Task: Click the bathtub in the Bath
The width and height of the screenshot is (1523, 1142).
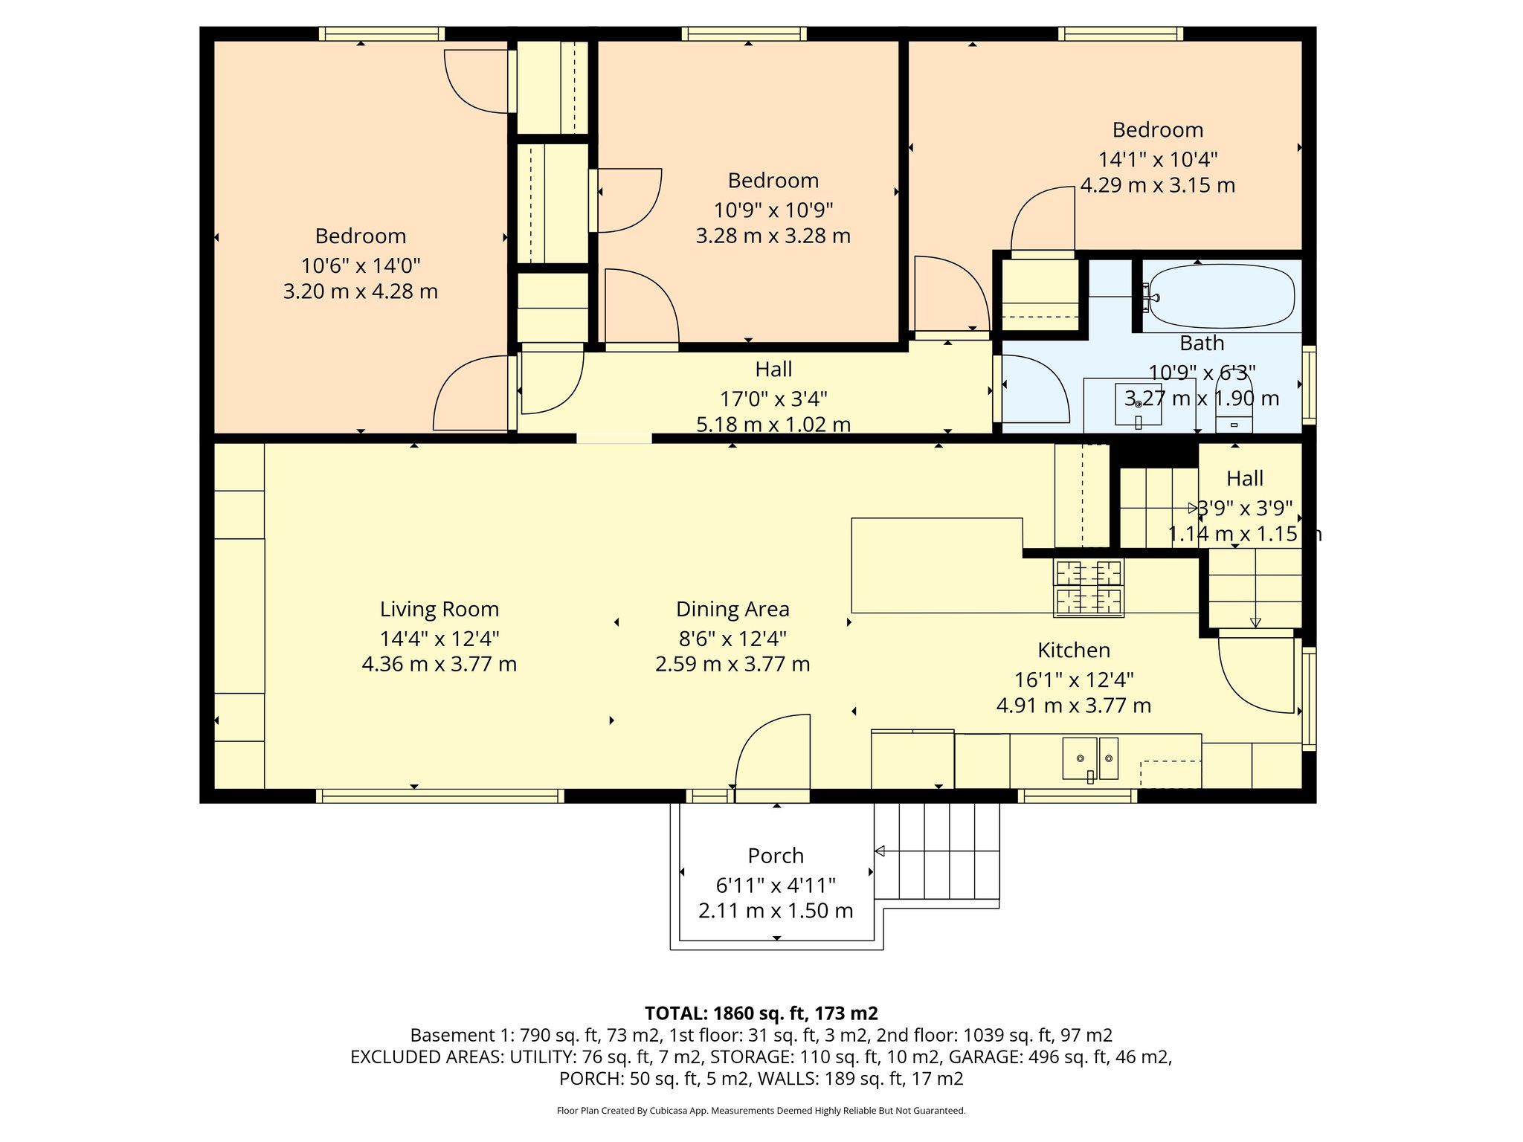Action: click(x=1221, y=296)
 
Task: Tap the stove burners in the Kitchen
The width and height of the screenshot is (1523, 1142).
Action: click(x=1088, y=587)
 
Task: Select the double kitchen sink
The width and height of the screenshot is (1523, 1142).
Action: click(x=1090, y=758)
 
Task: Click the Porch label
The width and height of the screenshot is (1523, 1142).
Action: click(x=776, y=856)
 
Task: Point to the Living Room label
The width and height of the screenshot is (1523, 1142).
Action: click(x=439, y=610)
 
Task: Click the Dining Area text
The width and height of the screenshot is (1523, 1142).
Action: click(x=732, y=610)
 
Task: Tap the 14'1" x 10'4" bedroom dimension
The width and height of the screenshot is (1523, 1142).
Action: click(x=1157, y=159)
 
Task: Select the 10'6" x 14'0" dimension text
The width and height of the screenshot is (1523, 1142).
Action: click(x=361, y=265)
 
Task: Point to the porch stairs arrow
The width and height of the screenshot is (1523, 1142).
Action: click(x=880, y=851)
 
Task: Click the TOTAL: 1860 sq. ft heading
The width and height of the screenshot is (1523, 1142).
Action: click(x=761, y=1013)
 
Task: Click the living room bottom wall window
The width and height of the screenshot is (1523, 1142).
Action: click(x=439, y=796)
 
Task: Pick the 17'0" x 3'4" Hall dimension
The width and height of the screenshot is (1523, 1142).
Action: click(x=773, y=399)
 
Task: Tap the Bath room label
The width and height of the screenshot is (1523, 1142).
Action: click(x=1202, y=343)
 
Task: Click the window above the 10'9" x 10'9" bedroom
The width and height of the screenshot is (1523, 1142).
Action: click(x=744, y=33)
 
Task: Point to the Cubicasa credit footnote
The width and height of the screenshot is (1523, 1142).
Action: click(x=761, y=1111)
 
